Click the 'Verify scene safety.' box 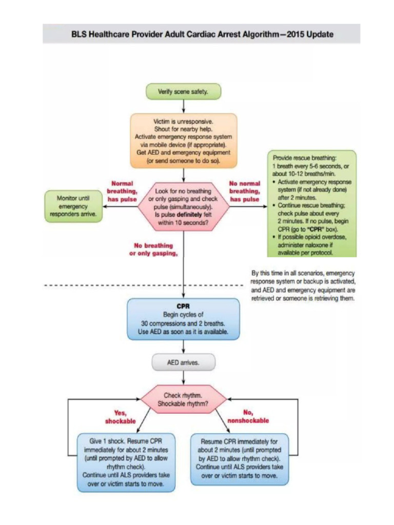point(183,92)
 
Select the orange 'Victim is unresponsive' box point(184,140)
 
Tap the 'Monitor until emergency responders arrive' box point(74,206)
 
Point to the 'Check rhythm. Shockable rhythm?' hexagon point(183,399)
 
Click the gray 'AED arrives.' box point(183,362)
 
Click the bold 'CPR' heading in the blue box point(183,306)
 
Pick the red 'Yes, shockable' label point(120,417)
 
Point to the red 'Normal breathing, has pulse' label point(122,191)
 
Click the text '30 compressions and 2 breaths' point(183,324)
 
